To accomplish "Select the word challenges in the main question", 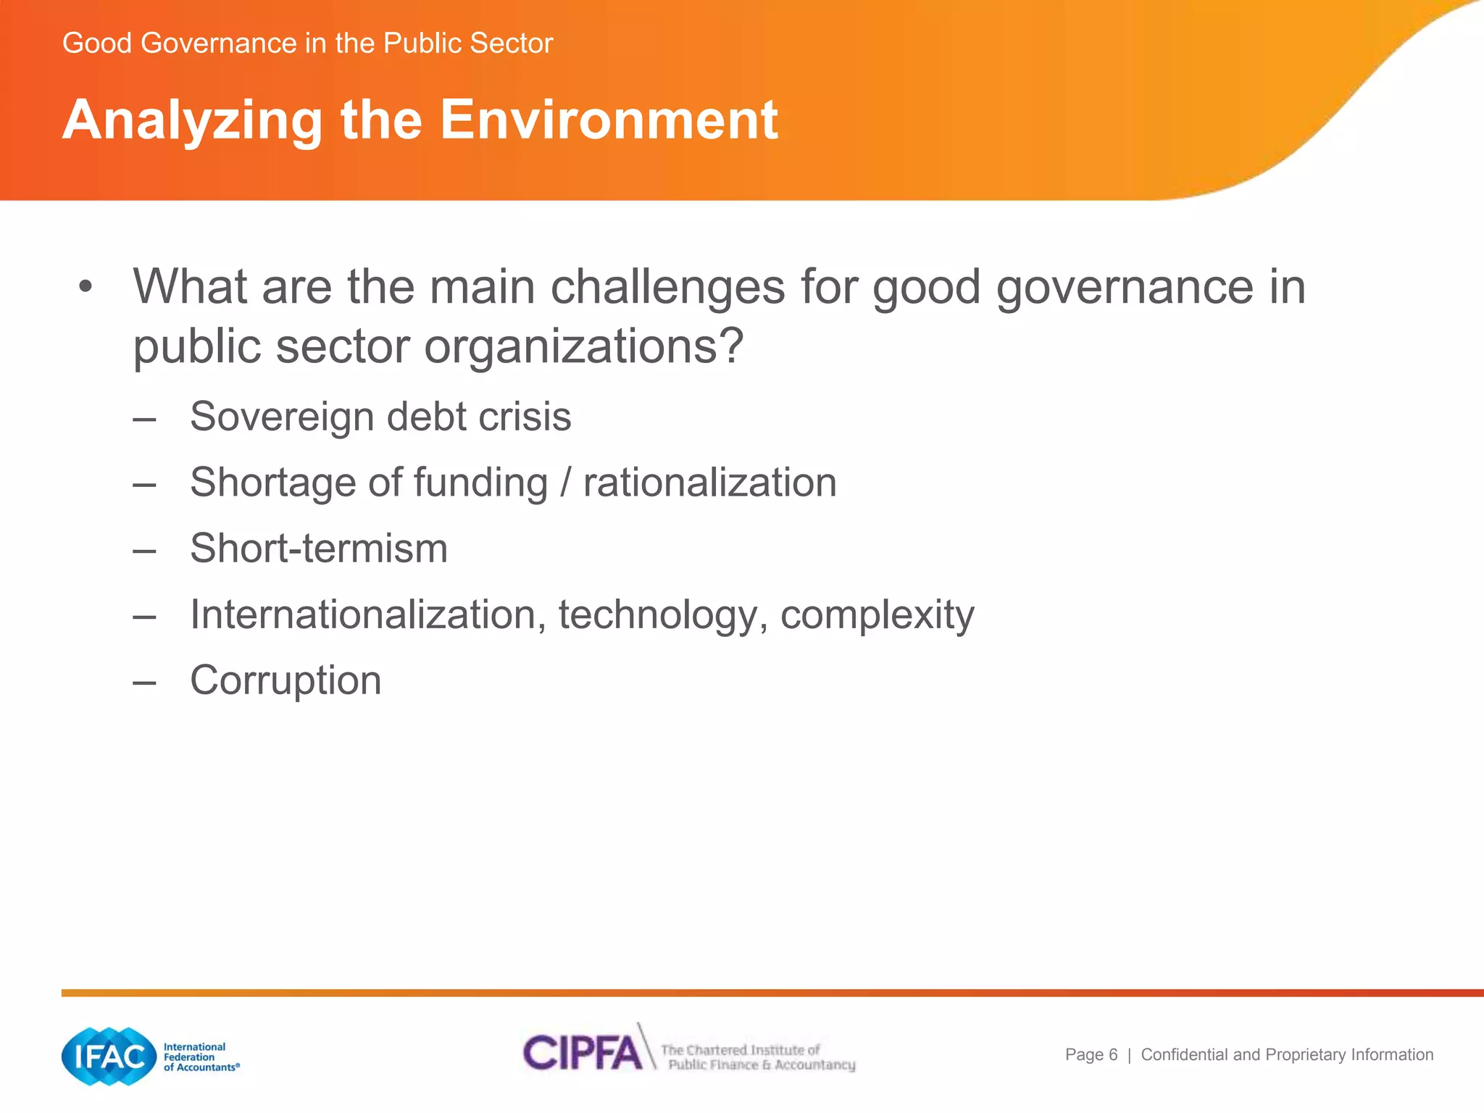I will pyautogui.click(x=667, y=287).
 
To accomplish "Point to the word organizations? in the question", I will pyautogui.click(x=583, y=346).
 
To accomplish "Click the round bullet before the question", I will pyautogui.click(x=86, y=287).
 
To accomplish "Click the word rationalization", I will pyautogui.click(x=709, y=483).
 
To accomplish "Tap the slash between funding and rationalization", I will pyautogui.click(x=565, y=483).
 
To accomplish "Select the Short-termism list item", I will pyautogui.click(x=319, y=549).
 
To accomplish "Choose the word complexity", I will pyautogui.click(x=877, y=616).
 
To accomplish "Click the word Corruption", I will pyautogui.click(x=285, y=680).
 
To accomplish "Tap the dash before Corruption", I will pyautogui.click(x=145, y=681).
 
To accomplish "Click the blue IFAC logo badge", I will pyautogui.click(x=109, y=1056).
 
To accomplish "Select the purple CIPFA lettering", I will pyautogui.click(x=583, y=1052).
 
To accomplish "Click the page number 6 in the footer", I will pyautogui.click(x=1113, y=1055).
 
